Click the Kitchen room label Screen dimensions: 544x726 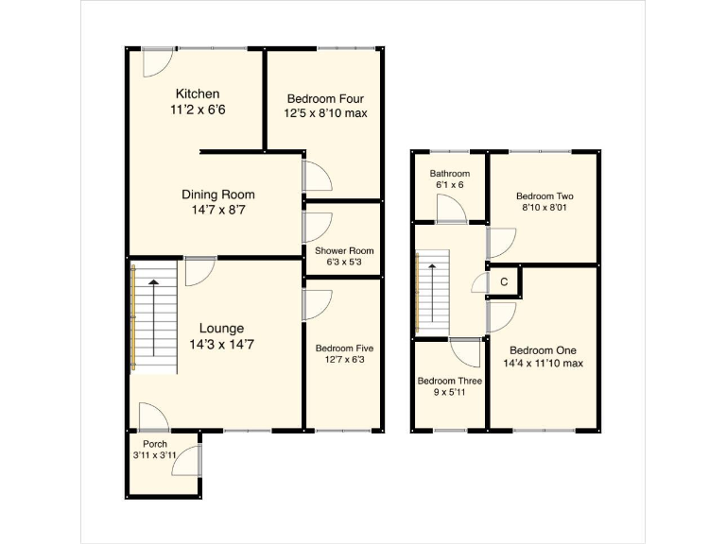point(198,93)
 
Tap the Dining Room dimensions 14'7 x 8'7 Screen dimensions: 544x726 point(218,211)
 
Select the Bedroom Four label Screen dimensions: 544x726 point(326,98)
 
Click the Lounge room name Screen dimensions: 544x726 point(221,329)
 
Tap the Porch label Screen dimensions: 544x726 point(155,444)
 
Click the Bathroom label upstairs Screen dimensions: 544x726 point(449,174)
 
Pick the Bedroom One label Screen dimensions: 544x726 point(544,347)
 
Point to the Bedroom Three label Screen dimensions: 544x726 point(450,382)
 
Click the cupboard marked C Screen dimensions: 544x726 point(504,281)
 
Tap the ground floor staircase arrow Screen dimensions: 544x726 point(151,316)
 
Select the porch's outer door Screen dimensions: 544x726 point(189,459)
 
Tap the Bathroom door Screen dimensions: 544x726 point(452,209)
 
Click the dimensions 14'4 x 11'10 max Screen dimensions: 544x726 point(544,362)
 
